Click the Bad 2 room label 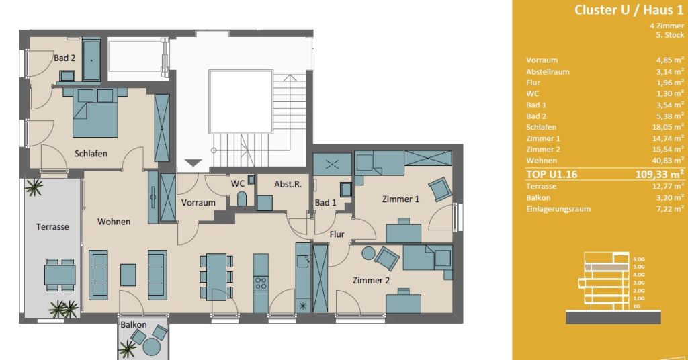pyautogui.click(x=64, y=58)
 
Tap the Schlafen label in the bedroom pyautogui.click(x=91, y=154)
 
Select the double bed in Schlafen pyautogui.click(x=95, y=113)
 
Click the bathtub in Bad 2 pyautogui.click(x=91, y=60)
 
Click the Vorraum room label pyautogui.click(x=198, y=203)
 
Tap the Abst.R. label pyautogui.click(x=288, y=184)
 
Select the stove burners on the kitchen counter pyautogui.click(x=261, y=283)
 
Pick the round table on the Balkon pyautogui.click(x=152, y=347)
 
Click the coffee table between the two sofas pyautogui.click(x=128, y=275)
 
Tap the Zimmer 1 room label pyautogui.click(x=400, y=199)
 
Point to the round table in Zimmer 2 pyautogui.click(x=368, y=253)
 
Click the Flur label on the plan pyautogui.click(x=337, y=234)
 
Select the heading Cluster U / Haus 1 pyautogui.click(x=629, y=10)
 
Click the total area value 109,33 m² pyautogui.click(x=660, y=174)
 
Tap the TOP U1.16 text pyautogui.click(x=552, y=174)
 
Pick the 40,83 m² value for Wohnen pyautogui.click(x=668, y=161)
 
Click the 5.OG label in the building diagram pyautogui.click(x=640, y=267)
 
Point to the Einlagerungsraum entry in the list pyautogui.click(x=558, y=209)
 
